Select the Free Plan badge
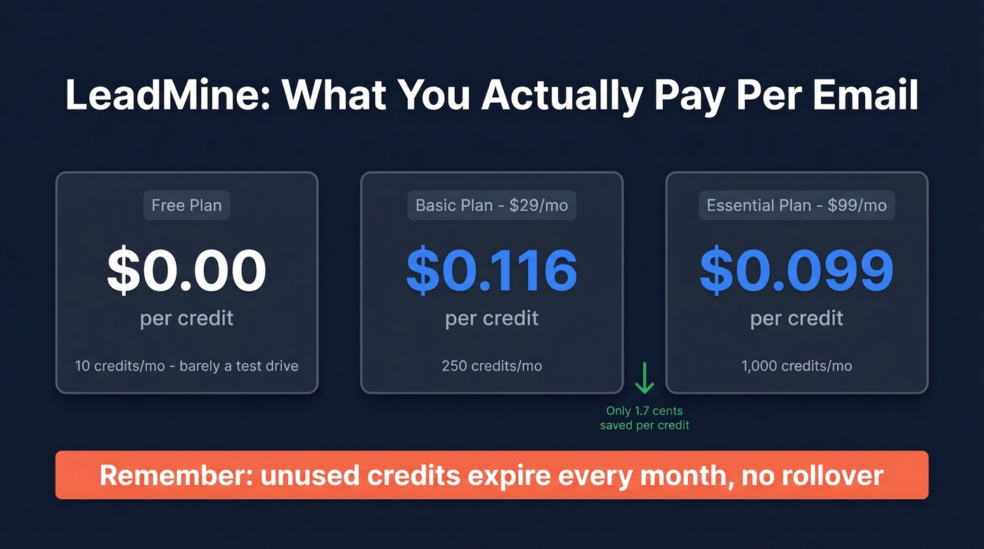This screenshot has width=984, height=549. [x=186, y=206]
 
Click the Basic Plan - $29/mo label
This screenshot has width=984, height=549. [x=492, y=206]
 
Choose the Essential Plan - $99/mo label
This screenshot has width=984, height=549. [x=796, y=206]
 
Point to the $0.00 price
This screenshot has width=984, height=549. [x=186, y=270]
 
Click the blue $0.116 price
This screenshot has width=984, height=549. [x=492, y=270]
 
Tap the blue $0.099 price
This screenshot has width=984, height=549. [x=796, y=270]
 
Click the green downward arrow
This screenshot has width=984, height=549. [x=644, y=379]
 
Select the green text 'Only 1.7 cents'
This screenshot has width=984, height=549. [x=645, y=411]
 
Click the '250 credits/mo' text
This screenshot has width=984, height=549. [x=492, y=366]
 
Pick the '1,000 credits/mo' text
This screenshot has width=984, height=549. [x=796, y=366]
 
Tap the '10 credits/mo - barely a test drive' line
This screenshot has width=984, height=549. [x=186, y=366]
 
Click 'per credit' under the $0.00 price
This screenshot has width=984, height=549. [x=186, y=318]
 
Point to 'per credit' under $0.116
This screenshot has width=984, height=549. [x=492, y=318]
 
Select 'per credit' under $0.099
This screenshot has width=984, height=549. [x=796, y=318]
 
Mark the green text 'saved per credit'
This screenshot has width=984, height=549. [x=645, y=425]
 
